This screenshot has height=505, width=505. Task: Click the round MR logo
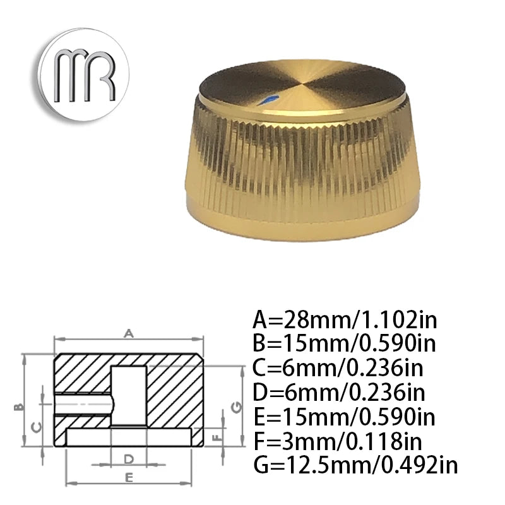click(83, 74)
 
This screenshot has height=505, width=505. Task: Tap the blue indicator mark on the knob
click(271, 98)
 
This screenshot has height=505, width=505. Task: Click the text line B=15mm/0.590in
click(345, 343)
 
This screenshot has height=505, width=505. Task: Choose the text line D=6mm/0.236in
click(339, 393)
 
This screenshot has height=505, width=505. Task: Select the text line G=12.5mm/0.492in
click(355, 466)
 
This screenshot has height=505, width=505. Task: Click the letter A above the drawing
click(129, 332)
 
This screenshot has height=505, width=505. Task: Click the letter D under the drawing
click(128, 458)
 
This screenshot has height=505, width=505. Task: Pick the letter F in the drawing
click(217, 436)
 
